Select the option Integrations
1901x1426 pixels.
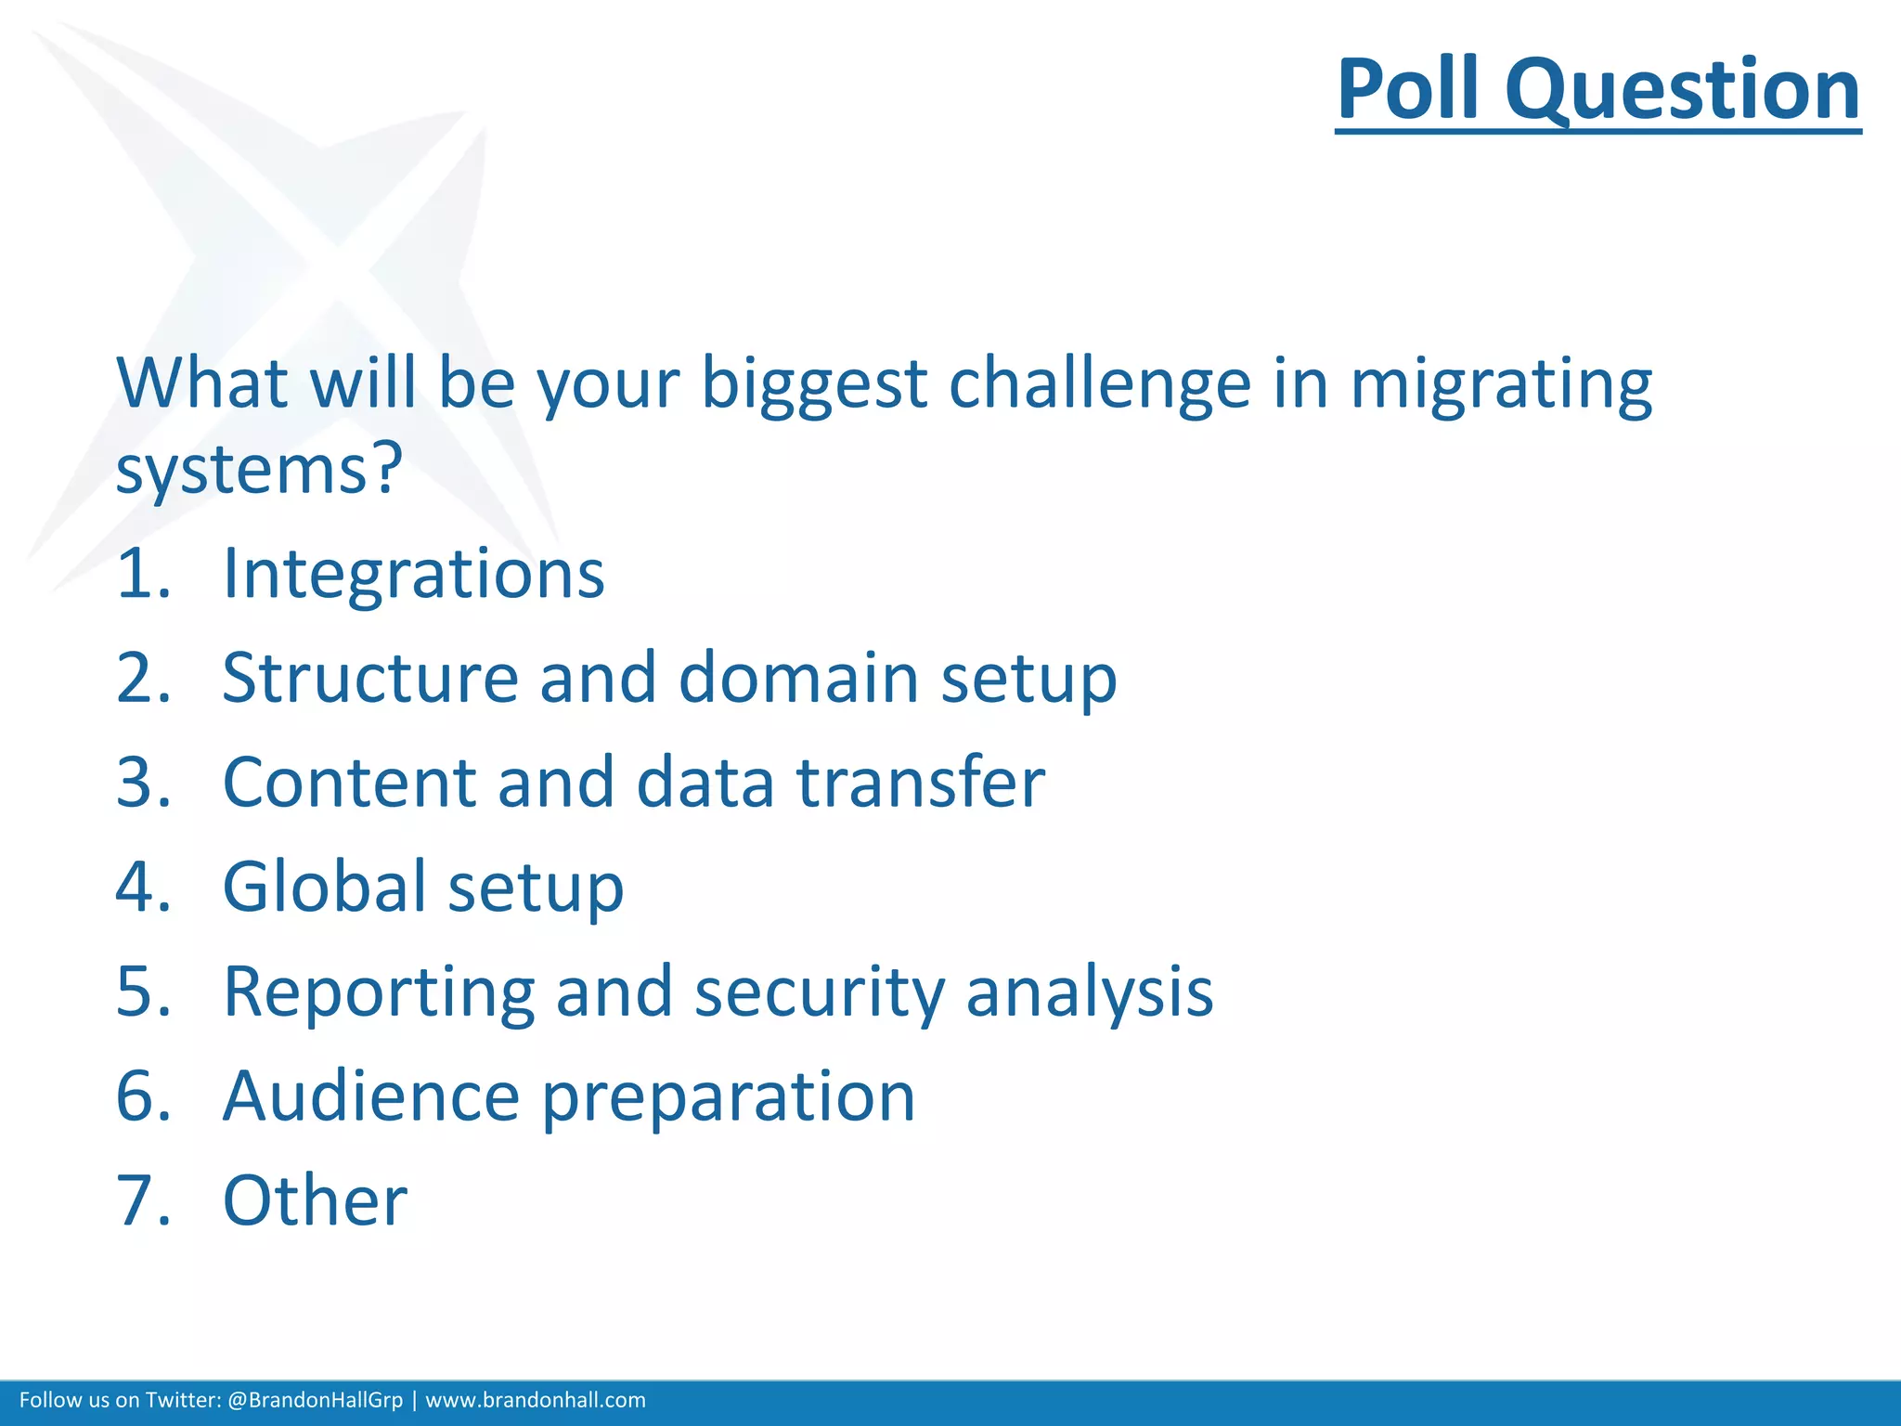point(413,574)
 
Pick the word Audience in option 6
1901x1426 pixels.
point(370,1096)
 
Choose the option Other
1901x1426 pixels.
point(315,1201)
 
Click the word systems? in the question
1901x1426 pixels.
point(259,469)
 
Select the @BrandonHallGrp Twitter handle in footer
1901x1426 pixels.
point(315,1400)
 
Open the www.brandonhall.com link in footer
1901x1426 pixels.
point(536,1400)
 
